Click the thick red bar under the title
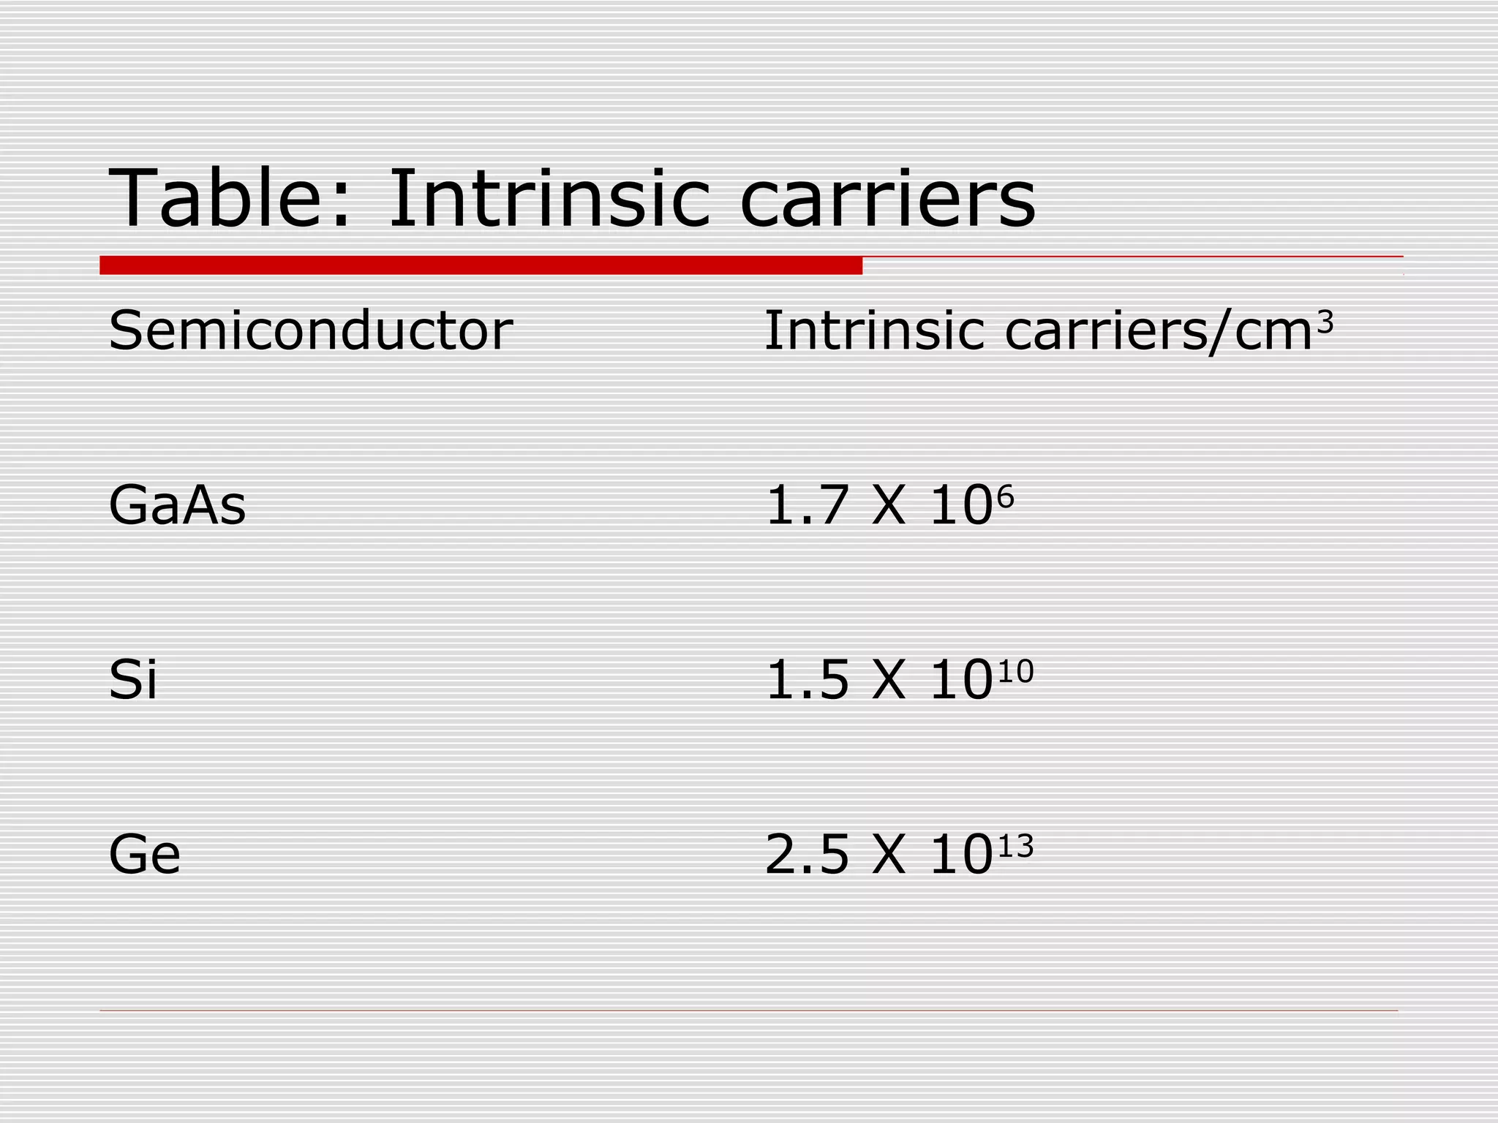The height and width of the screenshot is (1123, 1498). (x=481, y=265)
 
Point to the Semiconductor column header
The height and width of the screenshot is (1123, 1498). (x=310, y=330)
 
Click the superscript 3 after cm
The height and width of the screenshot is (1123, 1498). (x=1325, y=322)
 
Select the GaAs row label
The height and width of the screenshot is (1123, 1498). (x=177, y=505)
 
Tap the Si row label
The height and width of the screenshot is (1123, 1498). (x=132, y=680)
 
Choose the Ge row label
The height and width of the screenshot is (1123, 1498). (x=144, y=854)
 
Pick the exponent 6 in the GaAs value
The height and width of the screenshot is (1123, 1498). (x=1006, y=497)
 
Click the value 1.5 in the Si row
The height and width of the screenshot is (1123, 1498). (x=806, y=680)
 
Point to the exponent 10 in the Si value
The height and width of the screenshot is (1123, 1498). (x=1015, y=671)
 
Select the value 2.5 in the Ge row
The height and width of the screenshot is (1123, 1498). (x=806, y=854)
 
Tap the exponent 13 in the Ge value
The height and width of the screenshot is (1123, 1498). (x=1015, y=846)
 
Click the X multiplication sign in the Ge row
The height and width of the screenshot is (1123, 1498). (x=889, y=854)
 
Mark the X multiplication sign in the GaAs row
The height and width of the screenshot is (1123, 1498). (x=889, y=505)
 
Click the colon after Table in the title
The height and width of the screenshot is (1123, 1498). (x=340, y=208)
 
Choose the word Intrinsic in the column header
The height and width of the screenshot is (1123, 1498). (x=874, y=330)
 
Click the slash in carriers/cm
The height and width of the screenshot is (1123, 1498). (x=1221, y=333)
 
